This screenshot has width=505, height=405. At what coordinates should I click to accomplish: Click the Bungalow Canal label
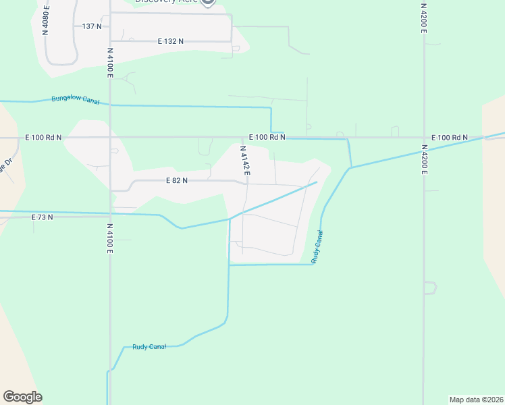[x=76, y=100]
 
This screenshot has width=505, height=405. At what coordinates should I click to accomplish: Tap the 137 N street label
[x=91, y=26]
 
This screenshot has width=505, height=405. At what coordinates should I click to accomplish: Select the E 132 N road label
[x=171, y=41]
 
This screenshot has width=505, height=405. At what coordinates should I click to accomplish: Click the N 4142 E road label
[x=245, y=161]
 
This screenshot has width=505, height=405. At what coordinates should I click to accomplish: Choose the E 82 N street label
[x=176, y=181]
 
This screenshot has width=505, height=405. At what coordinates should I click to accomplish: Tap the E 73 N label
[x=42, y=217]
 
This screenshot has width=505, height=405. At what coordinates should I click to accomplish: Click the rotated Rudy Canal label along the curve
[x=317, y=246]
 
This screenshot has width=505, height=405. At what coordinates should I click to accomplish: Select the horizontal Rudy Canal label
[x=149, y=347]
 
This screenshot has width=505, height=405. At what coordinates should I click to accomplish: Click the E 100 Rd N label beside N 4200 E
[x=449, y=138]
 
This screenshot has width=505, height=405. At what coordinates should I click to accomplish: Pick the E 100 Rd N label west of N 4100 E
[x=43, y=137]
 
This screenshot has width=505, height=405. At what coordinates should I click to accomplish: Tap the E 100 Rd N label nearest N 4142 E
[x=267, y=137]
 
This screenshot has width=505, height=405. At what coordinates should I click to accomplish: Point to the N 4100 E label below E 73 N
[x=109, y=239]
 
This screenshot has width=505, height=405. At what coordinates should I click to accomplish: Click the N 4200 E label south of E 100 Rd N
[x=424, y=159]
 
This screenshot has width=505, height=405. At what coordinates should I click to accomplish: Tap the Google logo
[x=22, y=397]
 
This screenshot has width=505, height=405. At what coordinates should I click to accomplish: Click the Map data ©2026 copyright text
[x=477, y=399]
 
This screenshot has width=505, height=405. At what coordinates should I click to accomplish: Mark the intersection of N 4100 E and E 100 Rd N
[x=110, y=137]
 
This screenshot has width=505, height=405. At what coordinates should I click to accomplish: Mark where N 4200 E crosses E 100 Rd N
[x=424, y=137]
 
